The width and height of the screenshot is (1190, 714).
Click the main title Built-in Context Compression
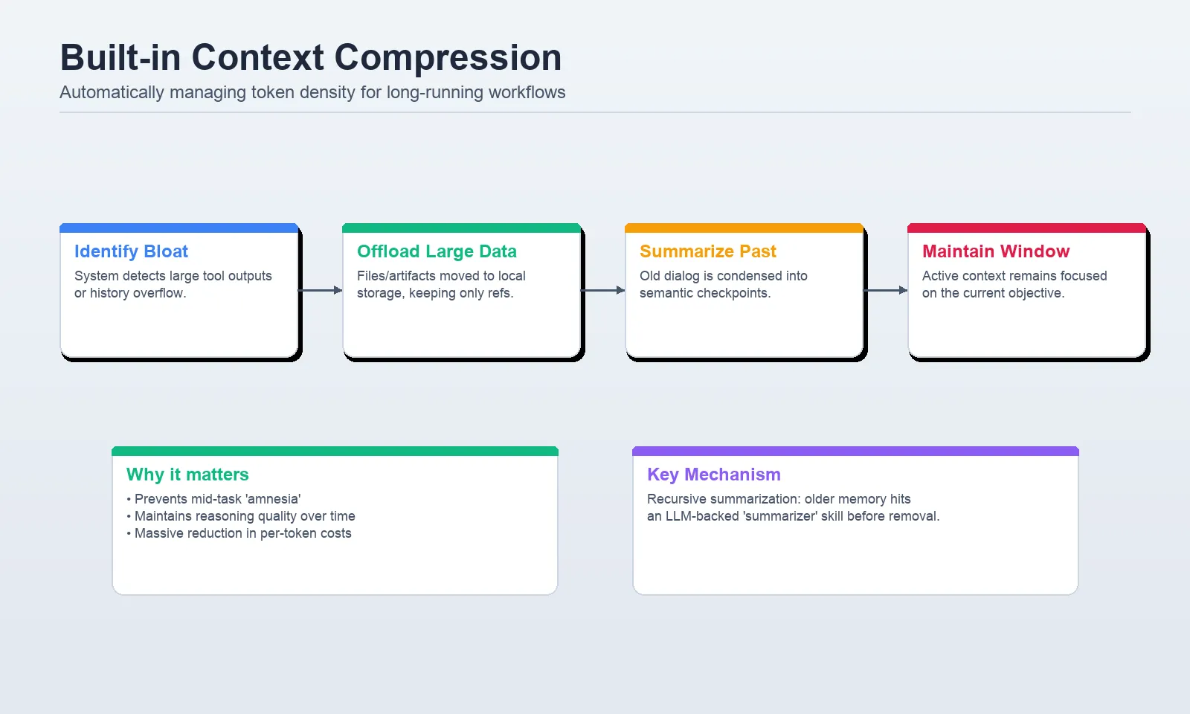[x=310, y=57]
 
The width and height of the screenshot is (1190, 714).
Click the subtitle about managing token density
[x=312, y=92]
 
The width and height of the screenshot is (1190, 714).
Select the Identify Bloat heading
[x=131, y=251]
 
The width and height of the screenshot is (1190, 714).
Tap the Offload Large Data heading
[x=437, y=251]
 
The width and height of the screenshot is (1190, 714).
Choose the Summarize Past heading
[x=707, y=251]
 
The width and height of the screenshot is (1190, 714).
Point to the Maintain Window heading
[x=996, y=251]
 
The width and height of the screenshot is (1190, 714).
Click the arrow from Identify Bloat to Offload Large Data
[x=321, y=290]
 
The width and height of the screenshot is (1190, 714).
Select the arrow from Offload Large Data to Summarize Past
[x=603, y=290]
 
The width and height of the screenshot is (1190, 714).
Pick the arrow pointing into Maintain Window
[x=886, y=290]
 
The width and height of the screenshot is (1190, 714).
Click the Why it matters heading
[x=187, y=475]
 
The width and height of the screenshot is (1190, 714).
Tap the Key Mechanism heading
[x=713, y=475]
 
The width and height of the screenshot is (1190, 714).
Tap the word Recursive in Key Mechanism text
[x=676, y=499]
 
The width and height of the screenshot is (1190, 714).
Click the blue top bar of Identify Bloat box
[x=178, y=228]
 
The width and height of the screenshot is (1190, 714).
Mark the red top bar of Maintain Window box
[x=1026, y=228]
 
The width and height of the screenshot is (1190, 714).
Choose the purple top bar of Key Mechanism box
[x=855, y=451]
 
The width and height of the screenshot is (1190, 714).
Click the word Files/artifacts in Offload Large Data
[x=396, y=276]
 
